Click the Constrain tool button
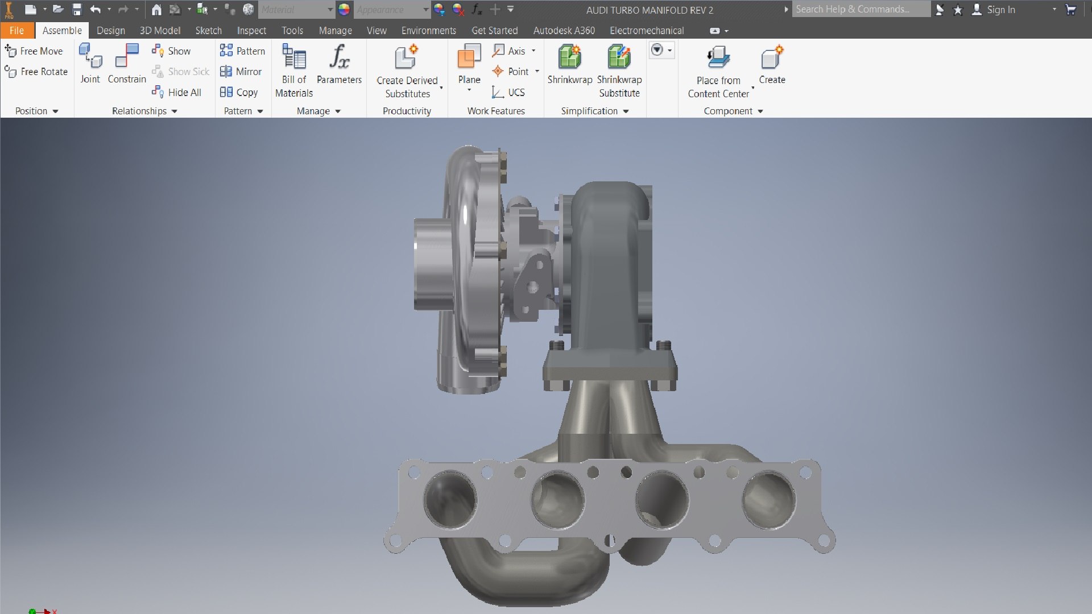[x=126, y=64]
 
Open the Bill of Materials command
[x=294, y=70]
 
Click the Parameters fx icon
[x=339, y=56]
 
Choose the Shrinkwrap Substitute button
[x=619, y=71]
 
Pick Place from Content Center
[x=718, y=71]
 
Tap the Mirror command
[x=241, y=72]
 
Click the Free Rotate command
[x=36, y=72]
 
